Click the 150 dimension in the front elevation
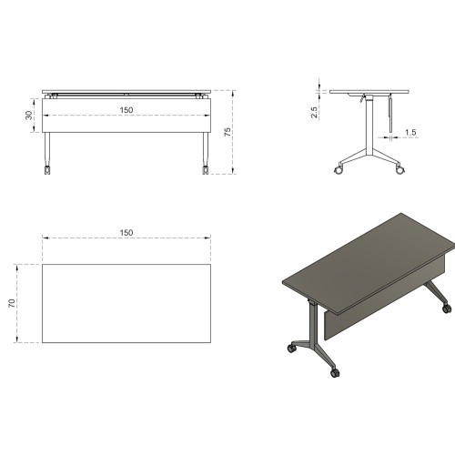click(126, 110)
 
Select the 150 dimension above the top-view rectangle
click(126, 233)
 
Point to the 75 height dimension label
click(227, 131)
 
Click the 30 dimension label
click(29, 116)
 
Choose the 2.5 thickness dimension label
click(314, 112)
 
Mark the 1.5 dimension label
click(410, 133)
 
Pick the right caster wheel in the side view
click(398, 170)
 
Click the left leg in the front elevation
click(46, 146)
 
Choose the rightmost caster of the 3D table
click(446, 309)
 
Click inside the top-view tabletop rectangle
click(126, 303)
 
